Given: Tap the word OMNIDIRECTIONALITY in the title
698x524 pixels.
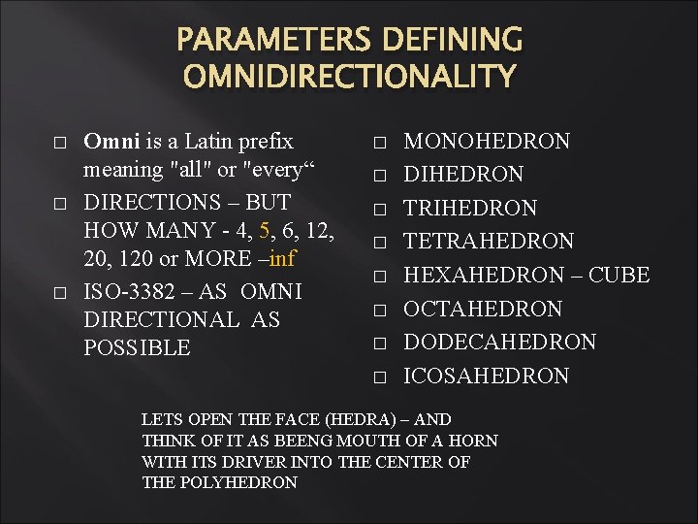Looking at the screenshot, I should [349, 76].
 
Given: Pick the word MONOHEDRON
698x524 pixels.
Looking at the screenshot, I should [487, 142].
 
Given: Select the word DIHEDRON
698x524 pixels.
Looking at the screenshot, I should [463, 175].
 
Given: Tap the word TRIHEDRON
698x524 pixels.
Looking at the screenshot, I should [470, 209].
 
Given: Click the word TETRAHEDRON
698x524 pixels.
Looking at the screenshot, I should [489, 242].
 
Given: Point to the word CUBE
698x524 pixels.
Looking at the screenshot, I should [618, 276].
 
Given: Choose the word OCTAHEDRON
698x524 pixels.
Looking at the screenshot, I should [483, 310].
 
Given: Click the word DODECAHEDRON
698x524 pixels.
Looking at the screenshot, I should [499, 343].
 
